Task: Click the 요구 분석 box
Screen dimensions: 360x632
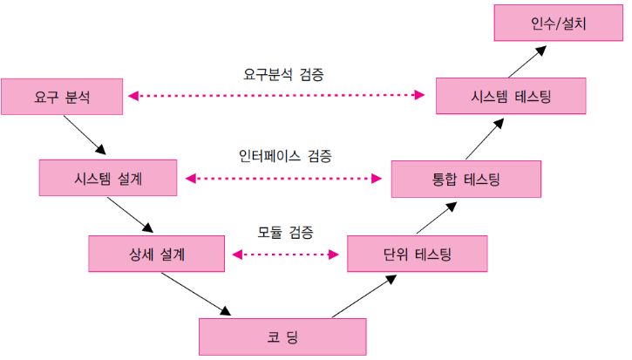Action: click(x=62, y=96)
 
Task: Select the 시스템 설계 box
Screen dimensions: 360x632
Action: click(x=109, y=178)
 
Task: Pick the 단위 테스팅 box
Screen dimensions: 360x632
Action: click(x=417, y=255)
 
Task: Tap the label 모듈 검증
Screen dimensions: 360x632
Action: click(x=285, y=233)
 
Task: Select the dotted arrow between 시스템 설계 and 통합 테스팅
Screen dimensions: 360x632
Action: click(x=284, y=178)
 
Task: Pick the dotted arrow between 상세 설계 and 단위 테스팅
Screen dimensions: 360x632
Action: click(x=285, y=255)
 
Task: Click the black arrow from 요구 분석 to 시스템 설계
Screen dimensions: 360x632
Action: click(x=85, y=136)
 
